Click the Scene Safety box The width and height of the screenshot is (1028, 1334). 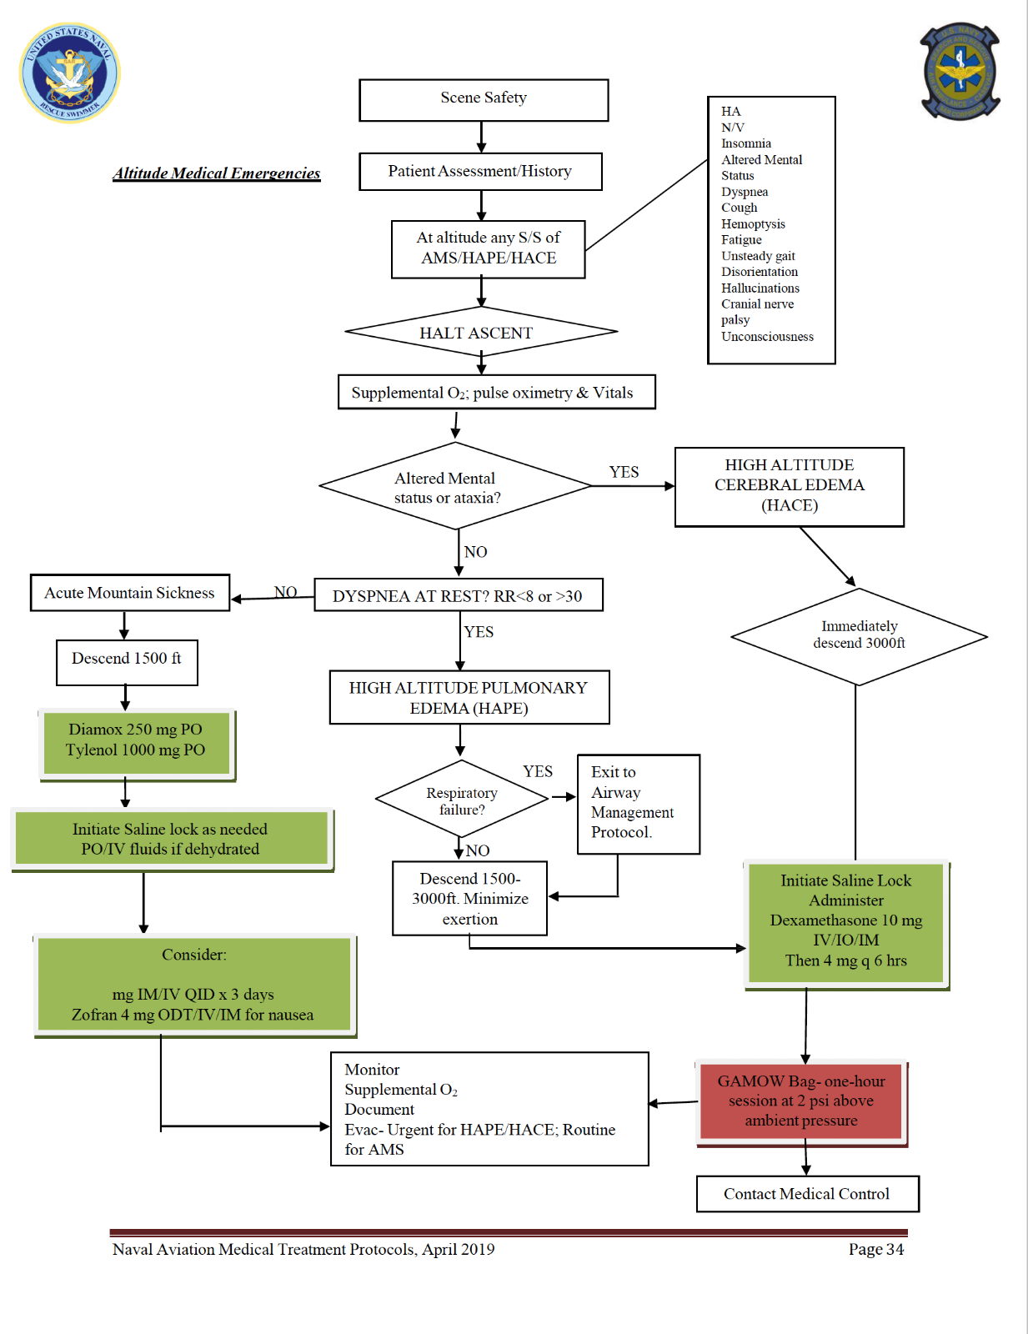coord(484,100)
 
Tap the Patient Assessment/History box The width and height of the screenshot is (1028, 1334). coord(480,172)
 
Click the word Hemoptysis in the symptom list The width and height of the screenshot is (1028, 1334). coord(753,223)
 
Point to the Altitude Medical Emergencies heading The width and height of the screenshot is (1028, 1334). coord(217,173)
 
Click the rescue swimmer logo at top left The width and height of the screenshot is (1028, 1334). coord(70,73)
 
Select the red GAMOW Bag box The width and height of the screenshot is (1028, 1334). coord(801,1101)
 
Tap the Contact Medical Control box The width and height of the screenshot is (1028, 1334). coord(807,1194)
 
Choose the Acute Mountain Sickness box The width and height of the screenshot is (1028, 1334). coord(130,593)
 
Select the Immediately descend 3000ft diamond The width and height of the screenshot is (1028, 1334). coord(859,636)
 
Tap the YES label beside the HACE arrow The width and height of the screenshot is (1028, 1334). coord(624,472)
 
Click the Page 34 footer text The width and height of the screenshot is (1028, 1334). coord(875,1249)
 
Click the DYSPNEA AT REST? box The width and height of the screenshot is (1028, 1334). coord(458,595)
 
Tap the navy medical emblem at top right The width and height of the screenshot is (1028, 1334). coord(960,72)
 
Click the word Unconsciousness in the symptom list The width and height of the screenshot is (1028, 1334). coord(767,337)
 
